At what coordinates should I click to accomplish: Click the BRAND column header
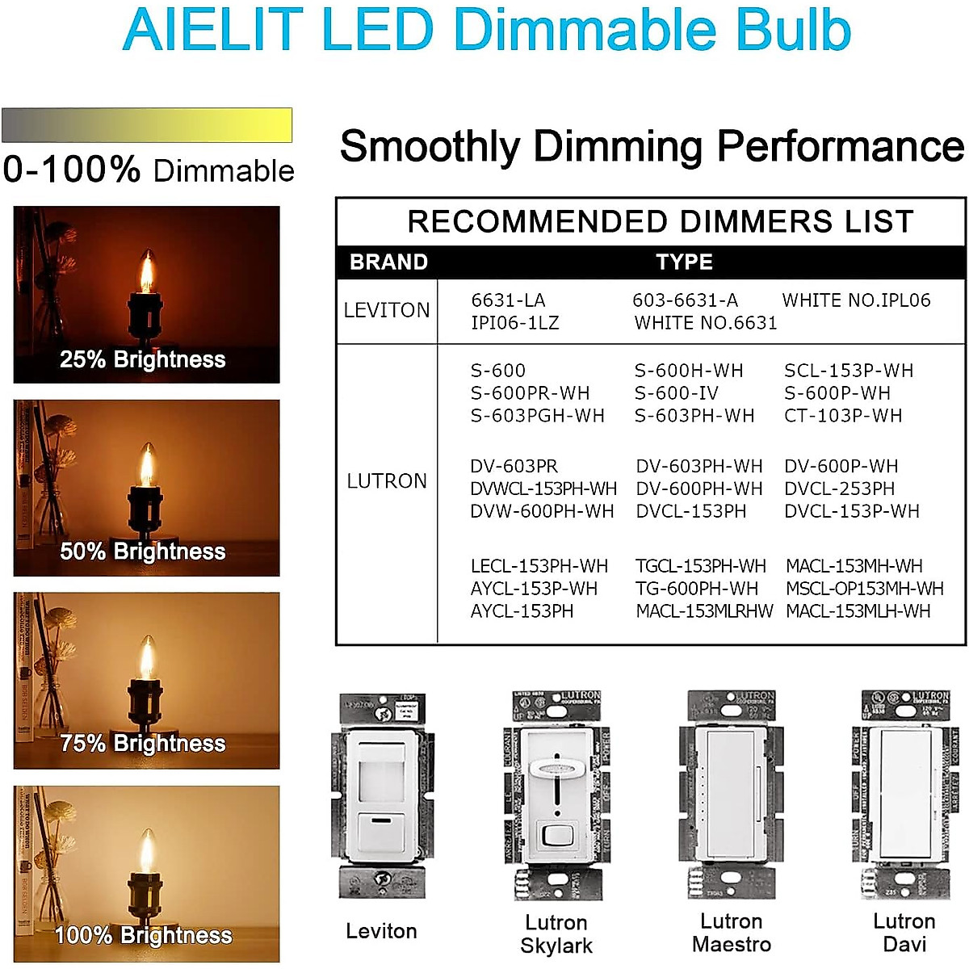pos(388,262)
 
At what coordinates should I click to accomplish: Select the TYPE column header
pos(684,262)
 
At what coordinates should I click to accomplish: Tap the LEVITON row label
pos(387,310)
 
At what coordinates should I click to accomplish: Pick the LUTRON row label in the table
pos(387,481)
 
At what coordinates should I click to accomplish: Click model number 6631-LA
pos(508,300)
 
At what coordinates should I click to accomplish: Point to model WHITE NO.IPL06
pos(856,300)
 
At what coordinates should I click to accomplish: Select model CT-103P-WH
pos(843,416)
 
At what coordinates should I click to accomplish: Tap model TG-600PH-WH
pos(697,589)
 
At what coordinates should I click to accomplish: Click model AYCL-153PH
pos(522,611)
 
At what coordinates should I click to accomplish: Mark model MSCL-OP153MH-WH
pos(864,589)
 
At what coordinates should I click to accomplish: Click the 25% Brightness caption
pos(143,359)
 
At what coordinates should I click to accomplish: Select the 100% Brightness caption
pos(143,935)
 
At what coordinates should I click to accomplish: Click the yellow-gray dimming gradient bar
pos(147,126)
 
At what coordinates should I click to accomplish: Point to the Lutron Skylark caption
pos(556,934)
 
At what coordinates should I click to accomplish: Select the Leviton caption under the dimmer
pos(381,931)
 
